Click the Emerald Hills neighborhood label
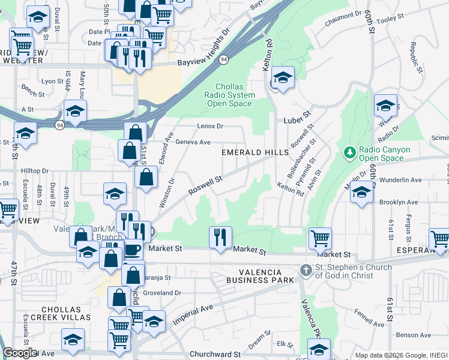[255, 152]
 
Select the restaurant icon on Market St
[220, 237]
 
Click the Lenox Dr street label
[210, 126]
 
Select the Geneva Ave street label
[193, 142]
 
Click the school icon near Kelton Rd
[283, 78]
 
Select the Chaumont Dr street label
[344, 18]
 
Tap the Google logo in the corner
[20, 353]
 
